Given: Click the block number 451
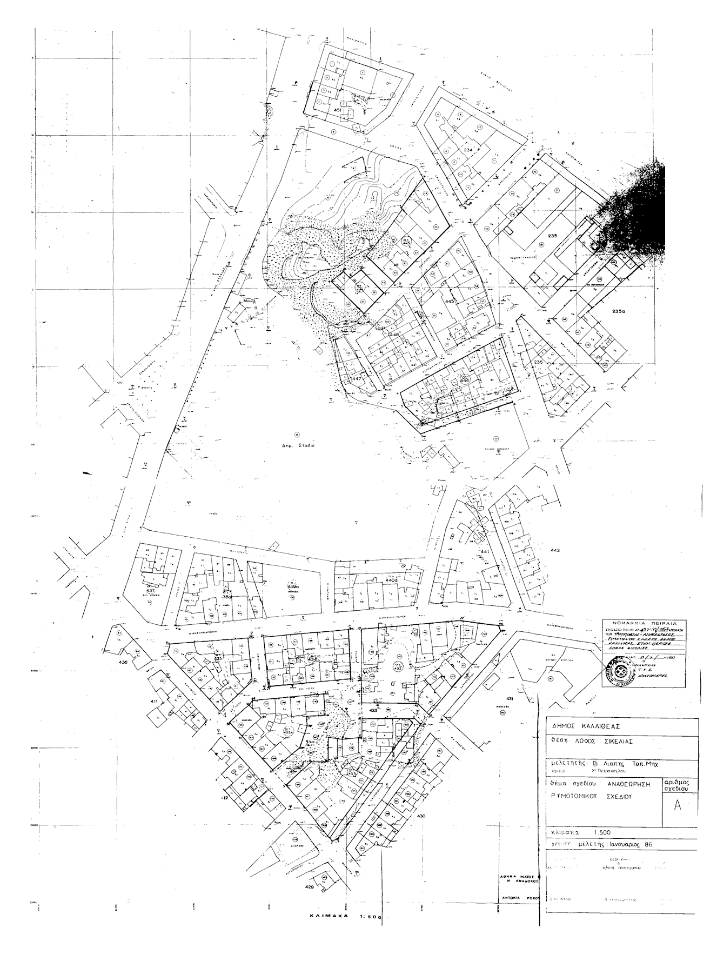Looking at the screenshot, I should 339,110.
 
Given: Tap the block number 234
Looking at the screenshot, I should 468,150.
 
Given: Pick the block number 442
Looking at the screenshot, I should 555,550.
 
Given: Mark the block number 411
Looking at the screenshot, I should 154,701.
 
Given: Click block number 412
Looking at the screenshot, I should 225,797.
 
